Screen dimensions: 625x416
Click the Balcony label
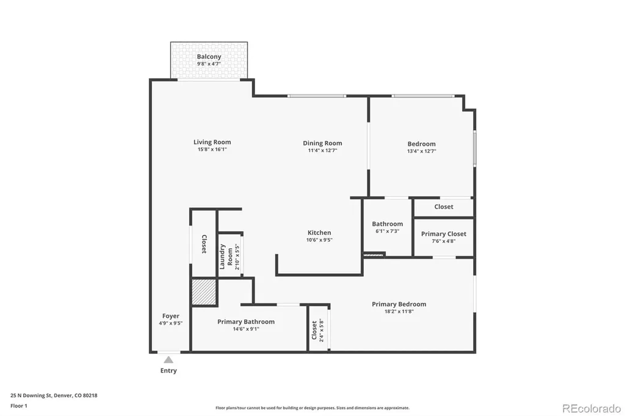(209, 57)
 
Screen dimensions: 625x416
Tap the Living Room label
(212, 142)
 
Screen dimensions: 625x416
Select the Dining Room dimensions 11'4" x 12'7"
(322, 151)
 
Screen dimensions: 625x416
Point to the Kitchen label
(319, 233)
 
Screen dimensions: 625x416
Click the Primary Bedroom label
(399, 304)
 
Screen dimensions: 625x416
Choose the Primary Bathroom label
(246, 321)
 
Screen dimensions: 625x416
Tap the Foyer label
(171, 316)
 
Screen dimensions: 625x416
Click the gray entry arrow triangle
(168, 360)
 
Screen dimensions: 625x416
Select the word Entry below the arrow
(168, 371)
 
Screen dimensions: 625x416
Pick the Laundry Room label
(226, 257)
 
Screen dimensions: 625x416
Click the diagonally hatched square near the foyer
(204, 292)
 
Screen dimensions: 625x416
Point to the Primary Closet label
(444, 234)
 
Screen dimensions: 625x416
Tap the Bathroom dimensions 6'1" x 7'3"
(388, 231)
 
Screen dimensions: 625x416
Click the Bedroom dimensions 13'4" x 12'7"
(422, 151)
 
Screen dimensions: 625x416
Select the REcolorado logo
(591, 409)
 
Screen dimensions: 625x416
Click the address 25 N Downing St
(31, 396)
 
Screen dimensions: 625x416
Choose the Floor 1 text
(19, 406)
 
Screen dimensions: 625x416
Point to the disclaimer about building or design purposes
(312, 408)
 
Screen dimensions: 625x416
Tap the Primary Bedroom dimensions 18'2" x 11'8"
(399, 312)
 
